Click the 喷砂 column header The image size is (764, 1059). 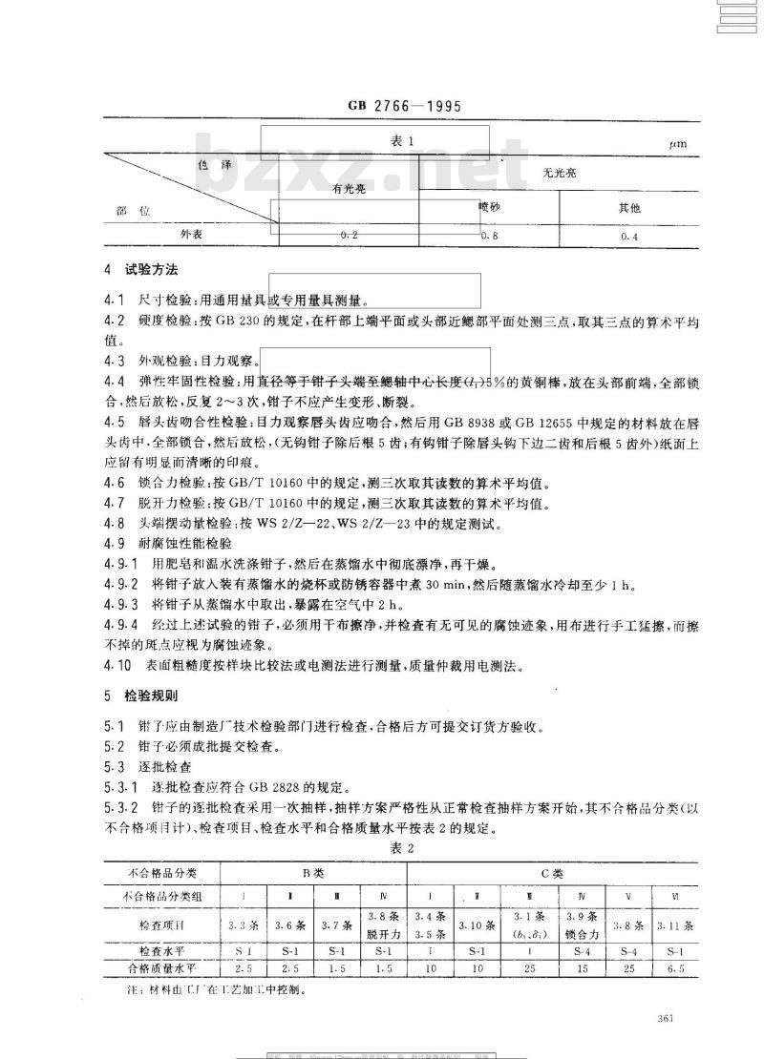click(489, 206)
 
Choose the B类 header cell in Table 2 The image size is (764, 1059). click(313, 873)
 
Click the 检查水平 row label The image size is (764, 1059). click(161, 951)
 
